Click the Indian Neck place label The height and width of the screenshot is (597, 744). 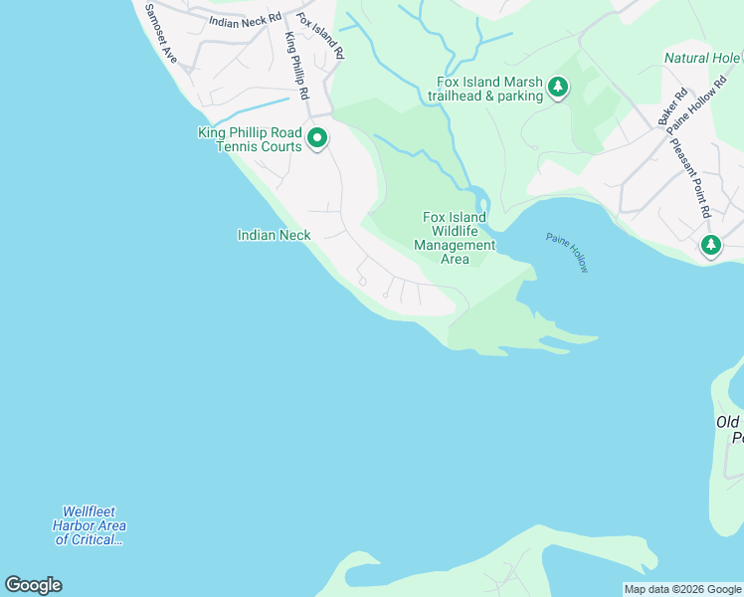[x=274, y=236]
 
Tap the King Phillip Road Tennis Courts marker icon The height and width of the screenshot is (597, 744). [x=317, y=138]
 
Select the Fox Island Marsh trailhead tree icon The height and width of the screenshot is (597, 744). [x=558, y=89]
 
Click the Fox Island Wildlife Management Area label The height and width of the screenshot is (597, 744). [x=455, y=239]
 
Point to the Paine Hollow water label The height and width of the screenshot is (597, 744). [x=567, y=253]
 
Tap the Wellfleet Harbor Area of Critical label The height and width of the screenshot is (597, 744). [x=90, y=525]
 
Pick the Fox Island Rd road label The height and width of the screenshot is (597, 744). [x=326, y=37]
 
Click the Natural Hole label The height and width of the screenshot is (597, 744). [x=702, y=59]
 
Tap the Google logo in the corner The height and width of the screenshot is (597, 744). [x=33, y=585]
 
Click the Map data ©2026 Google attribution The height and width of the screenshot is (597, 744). [x=682, y=589]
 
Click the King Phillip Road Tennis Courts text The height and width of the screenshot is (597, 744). [x=250, y=139]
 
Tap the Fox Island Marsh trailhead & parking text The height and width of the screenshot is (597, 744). [x=484, y=89]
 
